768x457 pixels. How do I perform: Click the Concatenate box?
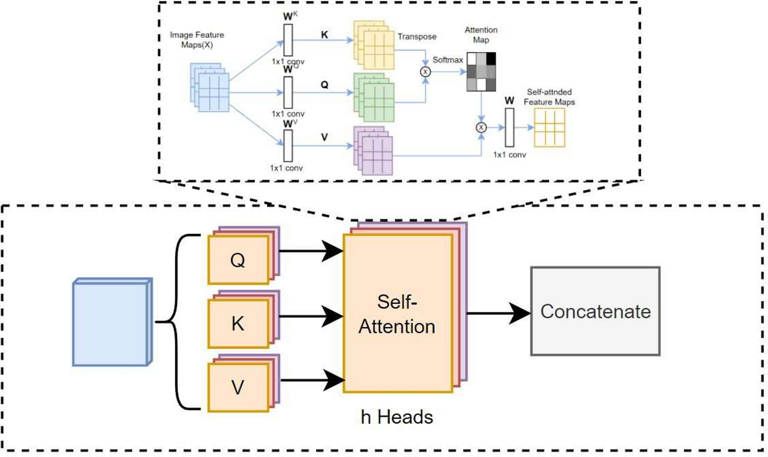(595, 312)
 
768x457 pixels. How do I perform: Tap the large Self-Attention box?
(397, 313)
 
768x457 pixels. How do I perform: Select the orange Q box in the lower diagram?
(238, 260)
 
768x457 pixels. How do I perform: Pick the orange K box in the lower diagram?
(238, 324)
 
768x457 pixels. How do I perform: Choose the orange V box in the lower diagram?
(238, 387)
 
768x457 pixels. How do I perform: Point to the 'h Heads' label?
(397, 417)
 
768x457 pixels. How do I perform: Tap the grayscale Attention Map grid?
(481, 72)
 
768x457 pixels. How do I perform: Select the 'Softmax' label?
(448, 60)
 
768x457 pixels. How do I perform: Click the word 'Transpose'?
(417, 37)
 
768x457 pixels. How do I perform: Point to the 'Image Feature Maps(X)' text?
(197, 40)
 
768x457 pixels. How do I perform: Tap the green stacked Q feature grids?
(374, 97)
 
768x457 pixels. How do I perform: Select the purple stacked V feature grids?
(373, 150)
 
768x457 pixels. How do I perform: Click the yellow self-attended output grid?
(549, 128)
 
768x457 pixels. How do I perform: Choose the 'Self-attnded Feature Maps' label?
(549, 97)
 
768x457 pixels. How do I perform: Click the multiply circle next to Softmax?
(425, 72)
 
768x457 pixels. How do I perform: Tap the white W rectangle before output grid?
(509, 128)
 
